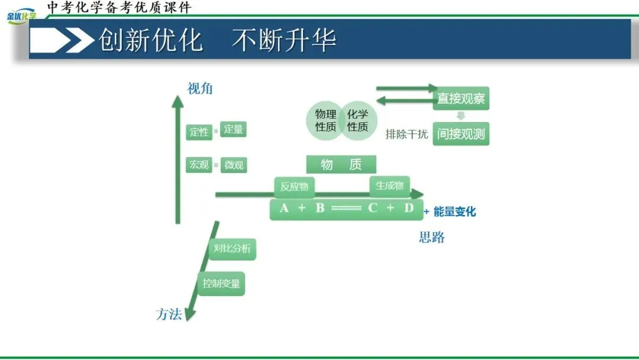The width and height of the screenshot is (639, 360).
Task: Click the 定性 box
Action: [x=199, y=132]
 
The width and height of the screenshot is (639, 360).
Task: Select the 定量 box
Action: [x=233, y=129]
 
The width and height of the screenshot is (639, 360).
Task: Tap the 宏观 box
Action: [x=199, y=165]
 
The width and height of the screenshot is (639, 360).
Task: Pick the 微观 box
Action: [x=234, y=165]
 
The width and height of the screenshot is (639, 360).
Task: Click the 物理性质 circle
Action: [x=325, y=121]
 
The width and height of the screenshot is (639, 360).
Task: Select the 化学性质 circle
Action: [x=358, y=121]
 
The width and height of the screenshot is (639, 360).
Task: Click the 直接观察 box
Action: [x=461, y=98]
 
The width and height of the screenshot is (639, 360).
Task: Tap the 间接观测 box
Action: [x=461, y=134]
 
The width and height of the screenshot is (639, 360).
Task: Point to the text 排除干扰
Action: [x=406, y=134]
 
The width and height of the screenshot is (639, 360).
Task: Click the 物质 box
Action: [x=341, y=165]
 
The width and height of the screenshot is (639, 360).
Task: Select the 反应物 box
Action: [x=294, y=187]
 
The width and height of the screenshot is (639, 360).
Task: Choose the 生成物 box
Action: [x=389, y=186]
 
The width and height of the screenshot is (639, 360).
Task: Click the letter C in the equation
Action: [x=373, y=208]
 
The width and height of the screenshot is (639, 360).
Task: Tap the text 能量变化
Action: [x=454, y=211]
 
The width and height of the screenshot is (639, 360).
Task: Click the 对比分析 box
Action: [x=231, y=249]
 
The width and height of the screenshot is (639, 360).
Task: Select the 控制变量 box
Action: [x=221, y=284]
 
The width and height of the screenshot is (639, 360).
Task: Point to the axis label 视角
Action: [x=200, y=89]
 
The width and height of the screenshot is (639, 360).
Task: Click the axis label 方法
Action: [x=169, y=314]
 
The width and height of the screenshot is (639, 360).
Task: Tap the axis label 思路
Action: [x=432, y=238]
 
